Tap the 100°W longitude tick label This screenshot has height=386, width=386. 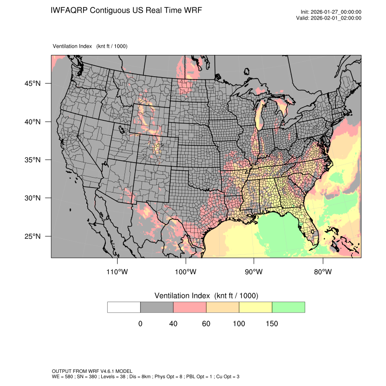[x=186, y=272]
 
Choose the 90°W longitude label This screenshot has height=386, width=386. [x=254, y=272]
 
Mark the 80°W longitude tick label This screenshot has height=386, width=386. [x=322, y=272]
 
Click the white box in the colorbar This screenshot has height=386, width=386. [x=124, y=307]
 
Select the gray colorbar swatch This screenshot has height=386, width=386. [x=157, y=307]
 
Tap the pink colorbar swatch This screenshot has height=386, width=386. [x=190, y=307]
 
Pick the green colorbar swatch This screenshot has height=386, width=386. [x=288, y=307]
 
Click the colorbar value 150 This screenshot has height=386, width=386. [x=272, y=324]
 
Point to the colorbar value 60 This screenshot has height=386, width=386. [x=206, y=324]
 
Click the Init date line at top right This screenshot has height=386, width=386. [x=331, y=12]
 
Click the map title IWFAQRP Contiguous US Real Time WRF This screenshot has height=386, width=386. [x=126, y=10]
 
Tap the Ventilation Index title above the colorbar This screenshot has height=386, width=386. [x=206, y=296]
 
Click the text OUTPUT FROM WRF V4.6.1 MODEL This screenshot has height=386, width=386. [x=92, y=371]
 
